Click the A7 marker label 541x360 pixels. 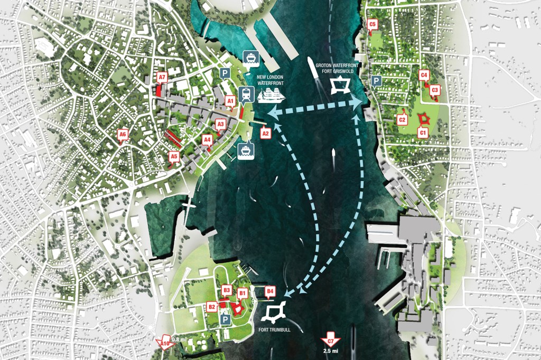162,78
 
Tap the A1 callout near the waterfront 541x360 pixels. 230,100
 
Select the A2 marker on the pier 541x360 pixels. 266,134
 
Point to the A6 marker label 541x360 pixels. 123,135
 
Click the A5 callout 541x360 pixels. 174,156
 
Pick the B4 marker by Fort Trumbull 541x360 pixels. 270,291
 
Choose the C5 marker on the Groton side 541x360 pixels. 372,24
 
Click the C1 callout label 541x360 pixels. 422,134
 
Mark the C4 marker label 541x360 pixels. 423,75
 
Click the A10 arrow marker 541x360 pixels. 165,345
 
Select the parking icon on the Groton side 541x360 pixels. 376,81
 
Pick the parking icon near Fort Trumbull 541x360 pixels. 226,320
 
